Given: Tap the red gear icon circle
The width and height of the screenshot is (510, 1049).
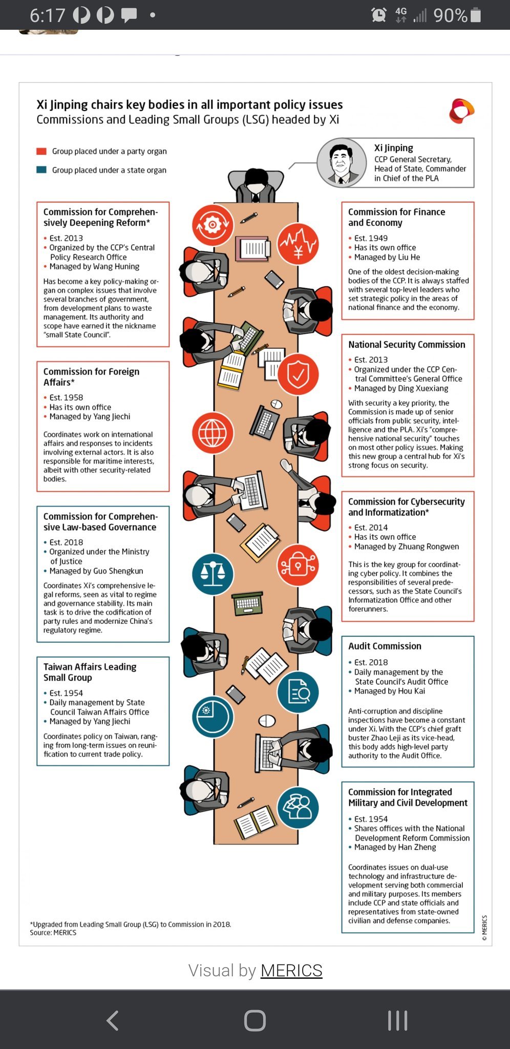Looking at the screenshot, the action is pyautogui.click(x=213, y=224).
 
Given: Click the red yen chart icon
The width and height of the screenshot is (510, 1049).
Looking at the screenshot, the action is pyautogui.click(x=298, y=244).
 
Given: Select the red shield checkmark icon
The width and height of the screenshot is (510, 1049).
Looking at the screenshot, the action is pyautogui.click(x=298, y=374).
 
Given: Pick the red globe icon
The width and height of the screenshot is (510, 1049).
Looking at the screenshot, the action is pyautogui.click(x=213, y=433).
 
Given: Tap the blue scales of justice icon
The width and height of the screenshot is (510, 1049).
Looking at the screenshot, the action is pyautogui.click(x=213, y=574).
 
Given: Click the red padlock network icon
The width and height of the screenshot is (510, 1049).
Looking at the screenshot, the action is pyautogui.click(x=298, y=565).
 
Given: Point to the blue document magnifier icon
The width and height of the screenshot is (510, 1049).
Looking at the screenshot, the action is pyautogui.click(x=298, y=692).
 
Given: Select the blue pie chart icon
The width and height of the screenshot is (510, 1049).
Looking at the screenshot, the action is pyautogui.click(x=213, y=717).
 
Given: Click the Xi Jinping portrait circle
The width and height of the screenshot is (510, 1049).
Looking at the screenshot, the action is pyautogui.click(x=342, y=163).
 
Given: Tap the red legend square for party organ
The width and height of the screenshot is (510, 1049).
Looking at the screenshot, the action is pyautogui.click(x=41, y=151).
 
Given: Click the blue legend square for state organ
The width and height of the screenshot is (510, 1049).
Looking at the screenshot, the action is pyautogui.click(x=41, y=170).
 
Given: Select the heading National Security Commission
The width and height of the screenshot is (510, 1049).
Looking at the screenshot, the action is pyautogui.click(x=407, y=345).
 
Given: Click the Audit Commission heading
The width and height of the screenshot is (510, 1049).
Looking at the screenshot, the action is pyautogui.click(x=385, y=646).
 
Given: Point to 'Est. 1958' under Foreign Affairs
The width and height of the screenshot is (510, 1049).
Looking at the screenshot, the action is pyautogui.click(x=66, y=397).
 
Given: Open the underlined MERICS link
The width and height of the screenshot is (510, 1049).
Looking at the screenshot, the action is pyautogui.click(x=291, y=970).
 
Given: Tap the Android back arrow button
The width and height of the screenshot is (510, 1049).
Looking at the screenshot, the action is pyautogui.click(x=113, y=1020).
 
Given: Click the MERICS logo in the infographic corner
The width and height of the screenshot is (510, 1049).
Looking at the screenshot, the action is pyautogui.click(x=461, y=111).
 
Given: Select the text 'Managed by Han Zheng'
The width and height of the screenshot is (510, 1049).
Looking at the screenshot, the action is pyautogui.click(x=395, y=847).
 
